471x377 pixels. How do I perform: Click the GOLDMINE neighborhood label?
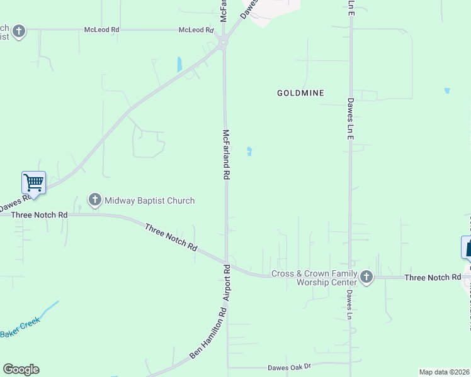[300, 93]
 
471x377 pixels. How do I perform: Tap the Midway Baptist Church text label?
[149, 200]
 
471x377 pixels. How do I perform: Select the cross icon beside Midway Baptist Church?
[95, 200]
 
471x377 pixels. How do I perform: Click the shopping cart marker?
[34, 183]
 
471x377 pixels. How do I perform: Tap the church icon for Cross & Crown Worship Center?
[367, 276]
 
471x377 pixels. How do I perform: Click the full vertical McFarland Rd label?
[226, 155]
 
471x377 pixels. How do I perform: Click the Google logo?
[21, 369]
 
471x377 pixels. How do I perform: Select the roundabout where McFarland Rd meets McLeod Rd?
[223, 43]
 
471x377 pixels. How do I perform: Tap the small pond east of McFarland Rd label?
[250, 151]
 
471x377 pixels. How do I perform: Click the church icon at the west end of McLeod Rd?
[19, 31]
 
